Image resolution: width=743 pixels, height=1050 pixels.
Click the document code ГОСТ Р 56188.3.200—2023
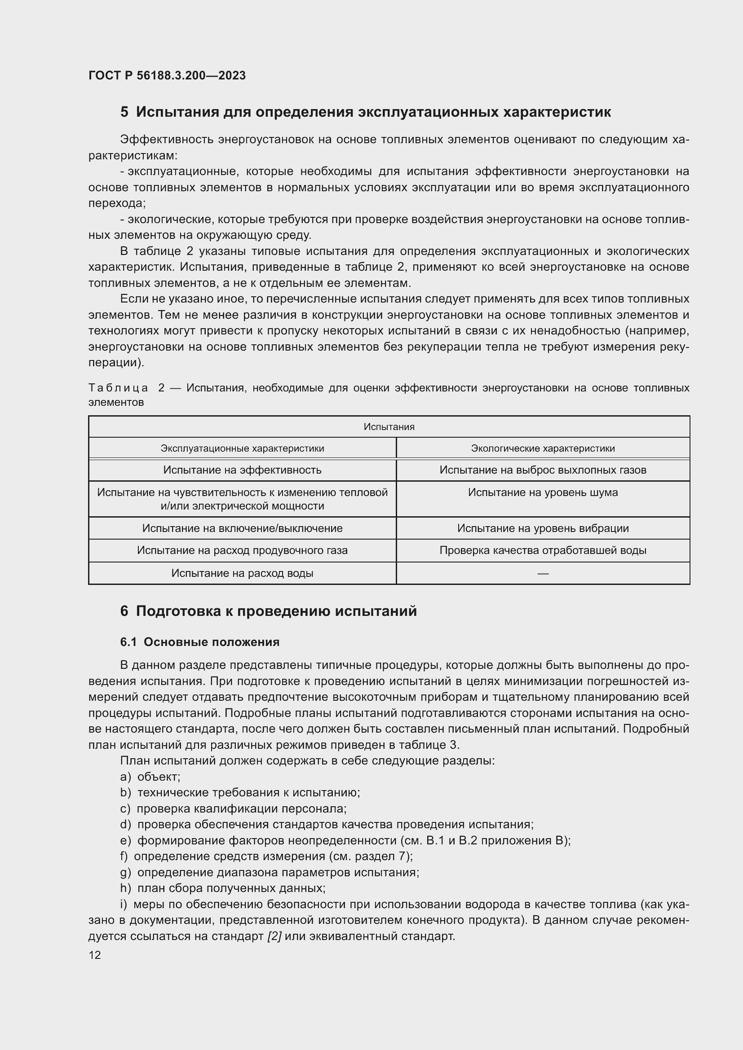point(167,75)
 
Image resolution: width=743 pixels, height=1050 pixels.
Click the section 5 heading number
point(124,113)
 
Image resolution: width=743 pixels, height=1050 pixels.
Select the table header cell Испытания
point(389,426)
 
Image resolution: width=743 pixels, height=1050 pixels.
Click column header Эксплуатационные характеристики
point(242,448)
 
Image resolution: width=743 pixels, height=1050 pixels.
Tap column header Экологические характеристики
point(543,448)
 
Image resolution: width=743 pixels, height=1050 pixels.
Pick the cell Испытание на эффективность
point(242,470)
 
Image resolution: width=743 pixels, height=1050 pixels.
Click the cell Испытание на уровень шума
point(543,492)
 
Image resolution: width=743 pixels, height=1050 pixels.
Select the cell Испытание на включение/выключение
point(242,528)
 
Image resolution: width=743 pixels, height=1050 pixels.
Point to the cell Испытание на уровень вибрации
point(543,528)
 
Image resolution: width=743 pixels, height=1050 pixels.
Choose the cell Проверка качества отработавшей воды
point(543,550)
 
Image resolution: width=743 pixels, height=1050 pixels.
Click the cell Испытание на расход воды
point(242,573)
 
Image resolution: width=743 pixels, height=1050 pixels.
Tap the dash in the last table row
point(543,573)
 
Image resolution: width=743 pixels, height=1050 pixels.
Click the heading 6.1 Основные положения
point(200,642)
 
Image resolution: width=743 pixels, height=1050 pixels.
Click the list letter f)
point(124,856)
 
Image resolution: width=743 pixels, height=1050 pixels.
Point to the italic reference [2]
point(274,936)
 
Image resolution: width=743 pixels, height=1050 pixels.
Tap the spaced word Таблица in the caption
point(118,388)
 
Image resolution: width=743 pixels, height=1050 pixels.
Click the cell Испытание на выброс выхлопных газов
point(543,470)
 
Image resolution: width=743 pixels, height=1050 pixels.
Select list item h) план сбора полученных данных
point(223,888)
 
